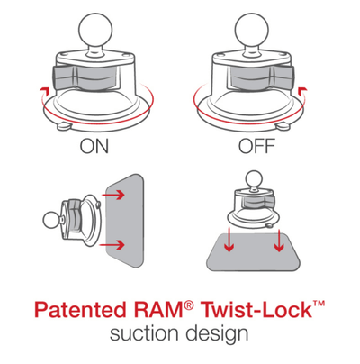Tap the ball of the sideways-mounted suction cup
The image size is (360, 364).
click(x=51, y=218)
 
